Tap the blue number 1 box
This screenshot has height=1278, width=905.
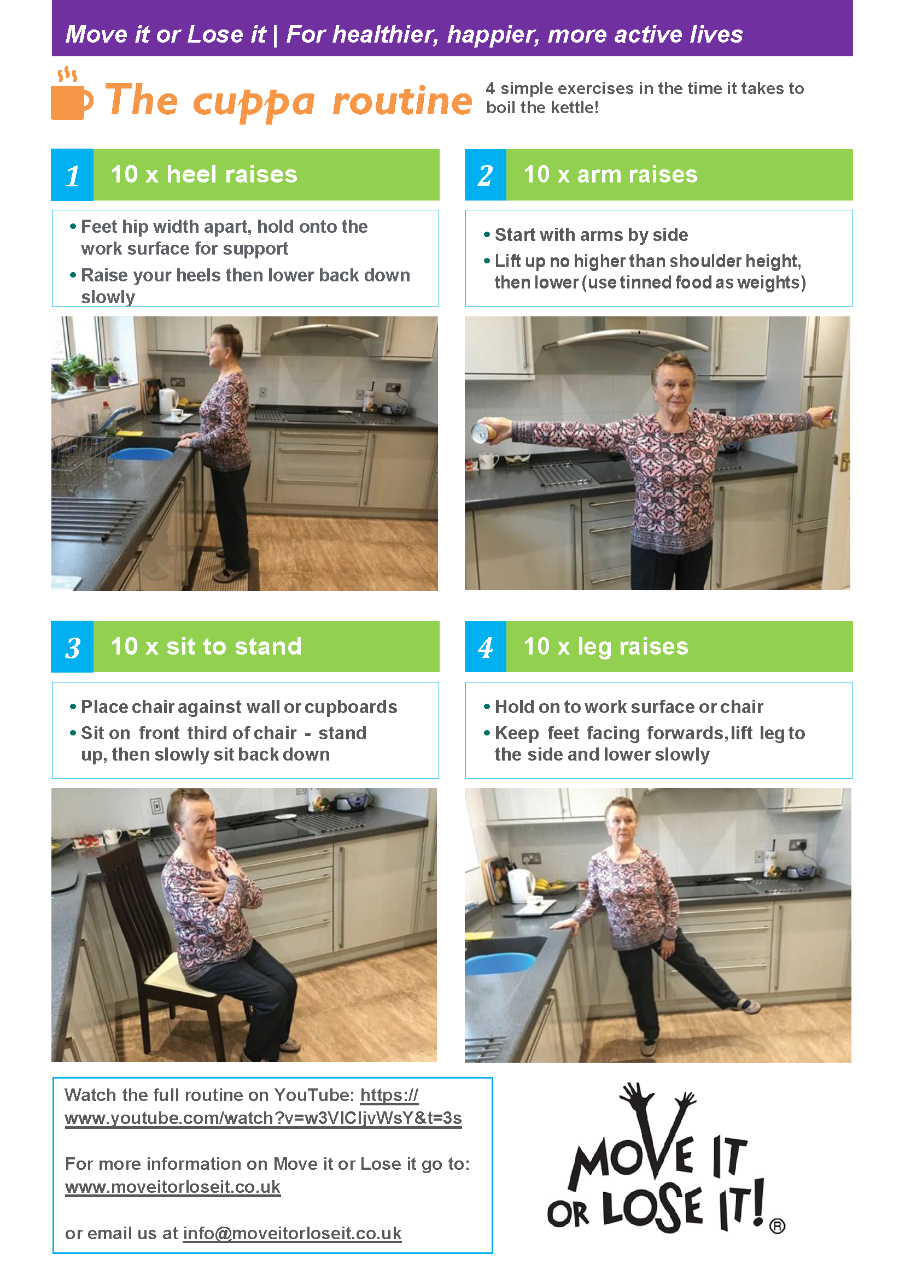pos(72,175)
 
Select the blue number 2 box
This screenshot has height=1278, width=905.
pos(485,175)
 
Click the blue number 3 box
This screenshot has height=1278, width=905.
pos(72,647)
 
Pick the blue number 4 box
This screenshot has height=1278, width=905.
pos(485,647)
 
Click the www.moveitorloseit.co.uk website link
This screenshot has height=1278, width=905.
pos(172,1187)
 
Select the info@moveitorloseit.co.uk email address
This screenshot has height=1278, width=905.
pos(292,1233)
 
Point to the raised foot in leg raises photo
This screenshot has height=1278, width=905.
pos(748,1005)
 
